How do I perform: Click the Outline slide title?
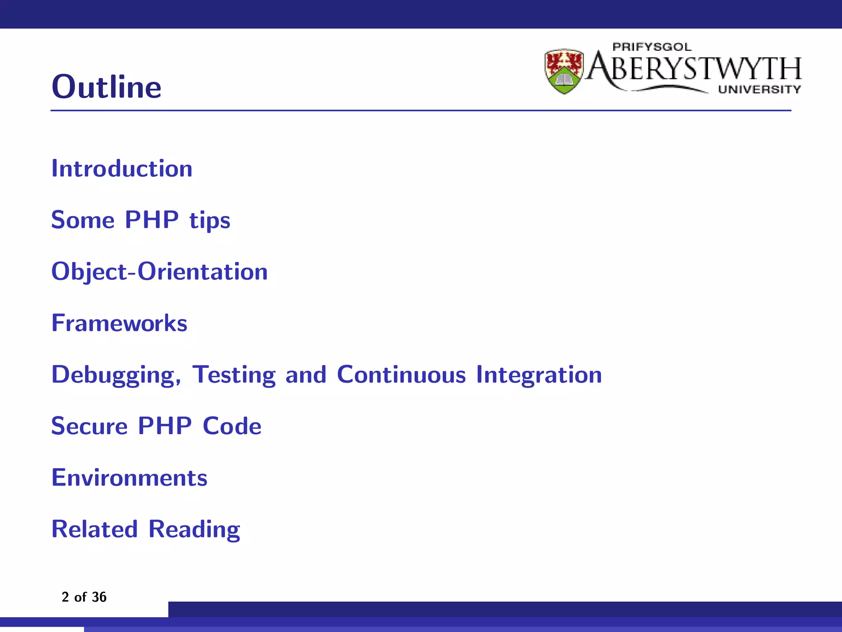click(106, 87)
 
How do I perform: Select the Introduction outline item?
click(122, 169)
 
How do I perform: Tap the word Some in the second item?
click(83, 220)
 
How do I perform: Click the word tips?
click(210, 221)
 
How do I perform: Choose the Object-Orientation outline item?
click(159, 272)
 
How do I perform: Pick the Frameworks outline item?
click(119, 323)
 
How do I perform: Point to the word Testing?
click(234, 375)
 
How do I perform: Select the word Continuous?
click(401, 374)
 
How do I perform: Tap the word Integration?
click(539, 375)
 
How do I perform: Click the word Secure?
click(89, 426)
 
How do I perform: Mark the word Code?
click(232, 426)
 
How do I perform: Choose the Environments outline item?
click(129, 478)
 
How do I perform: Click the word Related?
click(94, 529)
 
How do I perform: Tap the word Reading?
click(194, 530)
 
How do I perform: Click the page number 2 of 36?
click(84, 597)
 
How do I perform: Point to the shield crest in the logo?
click(564, 71)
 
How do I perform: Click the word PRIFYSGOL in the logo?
click(652, 47)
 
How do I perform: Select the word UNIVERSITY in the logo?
click(759, 89)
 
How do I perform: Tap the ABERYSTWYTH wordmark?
click(695, 68)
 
